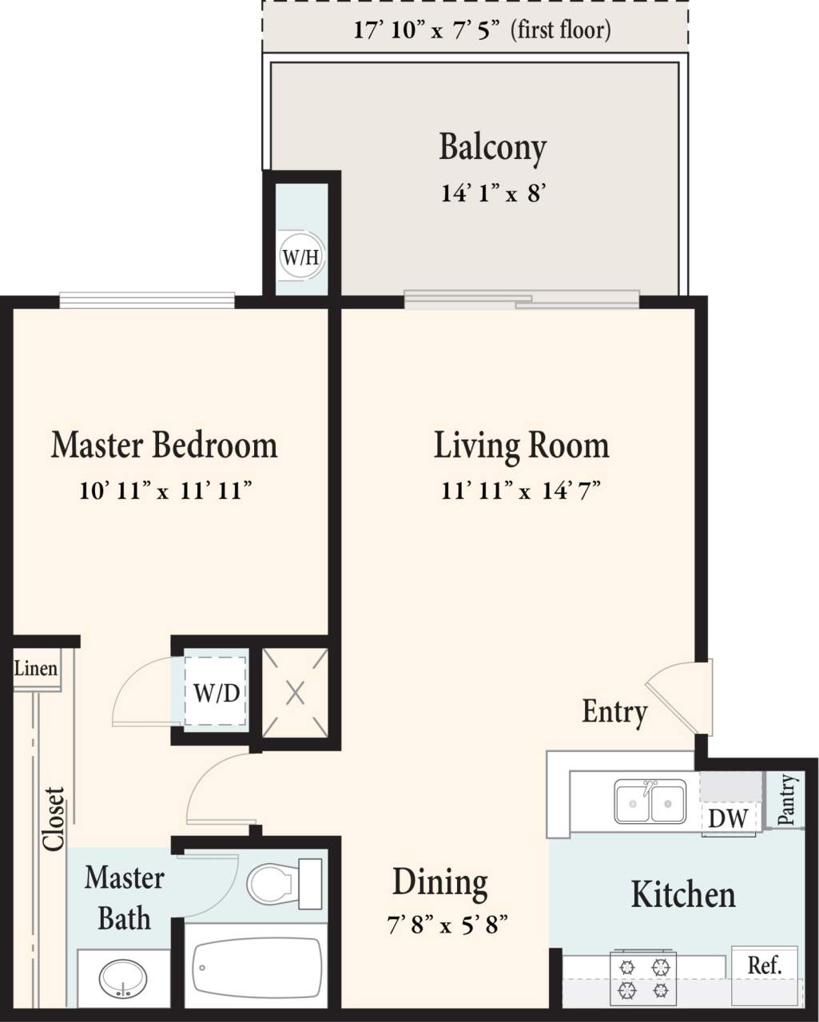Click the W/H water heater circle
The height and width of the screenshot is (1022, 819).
[301, 257]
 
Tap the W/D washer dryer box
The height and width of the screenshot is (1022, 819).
[216, 692]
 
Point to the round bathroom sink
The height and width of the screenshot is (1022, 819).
[123, 979]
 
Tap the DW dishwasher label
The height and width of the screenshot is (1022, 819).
[728, 818]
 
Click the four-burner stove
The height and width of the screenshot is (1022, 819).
[643, 978]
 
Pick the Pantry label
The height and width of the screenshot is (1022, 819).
[786, 799]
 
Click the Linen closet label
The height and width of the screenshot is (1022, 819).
[36, 668]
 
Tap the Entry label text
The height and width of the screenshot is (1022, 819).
[614, 711]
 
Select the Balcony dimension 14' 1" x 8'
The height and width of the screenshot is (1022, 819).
[493, 193]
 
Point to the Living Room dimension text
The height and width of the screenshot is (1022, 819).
[520, 489]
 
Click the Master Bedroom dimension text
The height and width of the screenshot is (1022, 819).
[165, 489]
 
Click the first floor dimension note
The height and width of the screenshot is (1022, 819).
[482, 30]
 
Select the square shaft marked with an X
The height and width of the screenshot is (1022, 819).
[295, 692]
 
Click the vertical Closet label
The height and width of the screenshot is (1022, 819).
[54, 818]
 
